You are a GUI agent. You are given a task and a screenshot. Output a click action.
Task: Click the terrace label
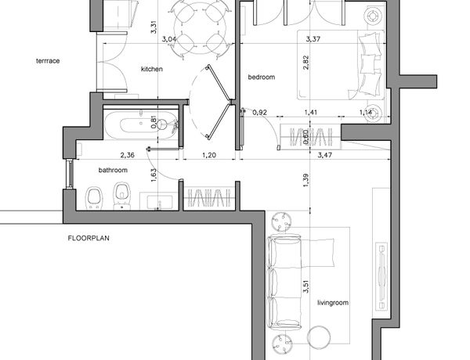(48, 61)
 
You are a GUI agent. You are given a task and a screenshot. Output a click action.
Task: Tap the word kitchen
(152, 69)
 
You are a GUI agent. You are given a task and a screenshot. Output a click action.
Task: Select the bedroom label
(262, 77)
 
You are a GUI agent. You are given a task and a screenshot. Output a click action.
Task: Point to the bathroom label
(113, 170)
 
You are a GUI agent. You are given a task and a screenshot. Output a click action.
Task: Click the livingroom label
(333, 303)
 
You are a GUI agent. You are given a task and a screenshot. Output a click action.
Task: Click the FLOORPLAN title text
(89, 239)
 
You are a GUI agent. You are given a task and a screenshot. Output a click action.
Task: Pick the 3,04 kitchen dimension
(169, 39)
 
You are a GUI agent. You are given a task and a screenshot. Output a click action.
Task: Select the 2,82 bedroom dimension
(305, 63)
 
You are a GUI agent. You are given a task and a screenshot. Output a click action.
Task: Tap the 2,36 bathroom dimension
(128, 155)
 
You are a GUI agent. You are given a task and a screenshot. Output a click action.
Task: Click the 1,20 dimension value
(209, 155)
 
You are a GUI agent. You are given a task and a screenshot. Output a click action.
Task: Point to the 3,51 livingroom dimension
(305, 286)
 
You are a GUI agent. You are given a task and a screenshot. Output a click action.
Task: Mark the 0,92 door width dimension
(259, 113)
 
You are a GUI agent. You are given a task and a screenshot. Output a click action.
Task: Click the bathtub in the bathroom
(140, 125)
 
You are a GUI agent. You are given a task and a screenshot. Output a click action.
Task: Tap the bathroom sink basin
(160, 202)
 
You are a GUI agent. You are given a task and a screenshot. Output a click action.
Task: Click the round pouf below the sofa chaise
(320, 337)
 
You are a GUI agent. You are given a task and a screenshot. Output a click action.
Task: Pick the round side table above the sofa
(281, 222)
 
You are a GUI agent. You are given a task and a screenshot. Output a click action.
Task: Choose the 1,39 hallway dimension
(305, 181)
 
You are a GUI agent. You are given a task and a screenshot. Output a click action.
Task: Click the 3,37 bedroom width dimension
(313, 39)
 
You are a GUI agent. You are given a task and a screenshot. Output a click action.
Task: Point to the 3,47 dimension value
(325, 155)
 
